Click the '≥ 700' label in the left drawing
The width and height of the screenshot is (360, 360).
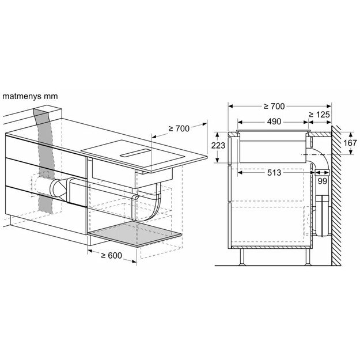coord(179,128)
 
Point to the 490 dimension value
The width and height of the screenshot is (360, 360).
coord(275,122)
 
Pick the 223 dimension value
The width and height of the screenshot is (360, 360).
coord(218,146)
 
